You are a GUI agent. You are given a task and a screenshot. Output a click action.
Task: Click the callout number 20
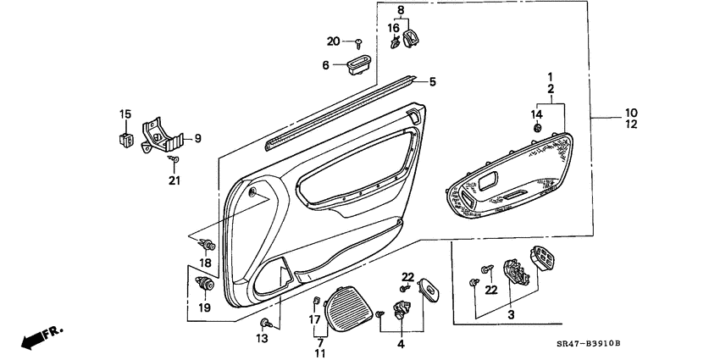(x=333, y=42)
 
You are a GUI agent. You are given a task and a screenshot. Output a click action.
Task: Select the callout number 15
(x=125, y=114)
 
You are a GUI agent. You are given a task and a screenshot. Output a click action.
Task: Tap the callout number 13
(x=262, y=339)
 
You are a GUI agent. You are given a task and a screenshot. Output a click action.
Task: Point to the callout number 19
(x=204, y=307)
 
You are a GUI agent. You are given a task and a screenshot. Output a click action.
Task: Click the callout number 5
(x=432, y=82)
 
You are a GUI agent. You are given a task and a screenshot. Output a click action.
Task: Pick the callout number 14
(x=535, y=114)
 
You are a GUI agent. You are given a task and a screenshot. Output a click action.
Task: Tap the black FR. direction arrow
(x=35, y=338)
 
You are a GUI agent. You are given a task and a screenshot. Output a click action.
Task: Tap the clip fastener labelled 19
(x=203, y=283)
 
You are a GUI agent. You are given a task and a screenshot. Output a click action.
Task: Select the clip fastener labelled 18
(x=208, y=246)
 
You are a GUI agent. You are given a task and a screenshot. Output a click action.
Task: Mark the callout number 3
(x=510, y=315)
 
